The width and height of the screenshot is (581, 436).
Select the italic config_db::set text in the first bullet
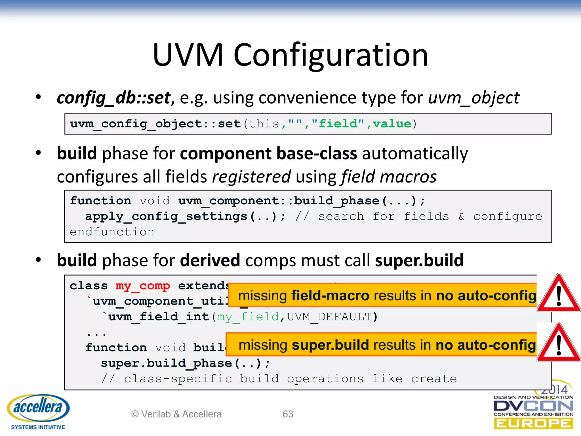tap(113, 98)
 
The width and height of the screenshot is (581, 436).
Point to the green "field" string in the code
tap(338, 124)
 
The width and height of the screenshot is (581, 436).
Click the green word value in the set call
tap(392, 124)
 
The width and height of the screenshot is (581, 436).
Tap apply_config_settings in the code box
tap(166, 217)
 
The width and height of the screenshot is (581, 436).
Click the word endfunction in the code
tap(112, 232)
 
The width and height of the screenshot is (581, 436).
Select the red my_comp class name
tap(143, 286)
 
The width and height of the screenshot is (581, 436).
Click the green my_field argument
tap(248, 316)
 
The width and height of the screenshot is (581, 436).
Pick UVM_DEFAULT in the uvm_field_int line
tap(329, 316)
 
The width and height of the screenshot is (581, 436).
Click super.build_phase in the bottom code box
tap(167, 363)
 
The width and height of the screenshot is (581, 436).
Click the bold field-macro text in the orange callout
tap(330, 295)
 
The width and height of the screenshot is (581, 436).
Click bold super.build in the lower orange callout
tap(330, 345)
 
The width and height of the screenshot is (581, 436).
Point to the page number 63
tap(288, 414)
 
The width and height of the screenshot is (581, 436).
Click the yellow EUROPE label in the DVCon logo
tap(533, 424)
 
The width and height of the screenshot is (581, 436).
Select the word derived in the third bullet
tap(210, 260)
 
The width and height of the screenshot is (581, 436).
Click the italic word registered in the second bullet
tap(251, 177)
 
